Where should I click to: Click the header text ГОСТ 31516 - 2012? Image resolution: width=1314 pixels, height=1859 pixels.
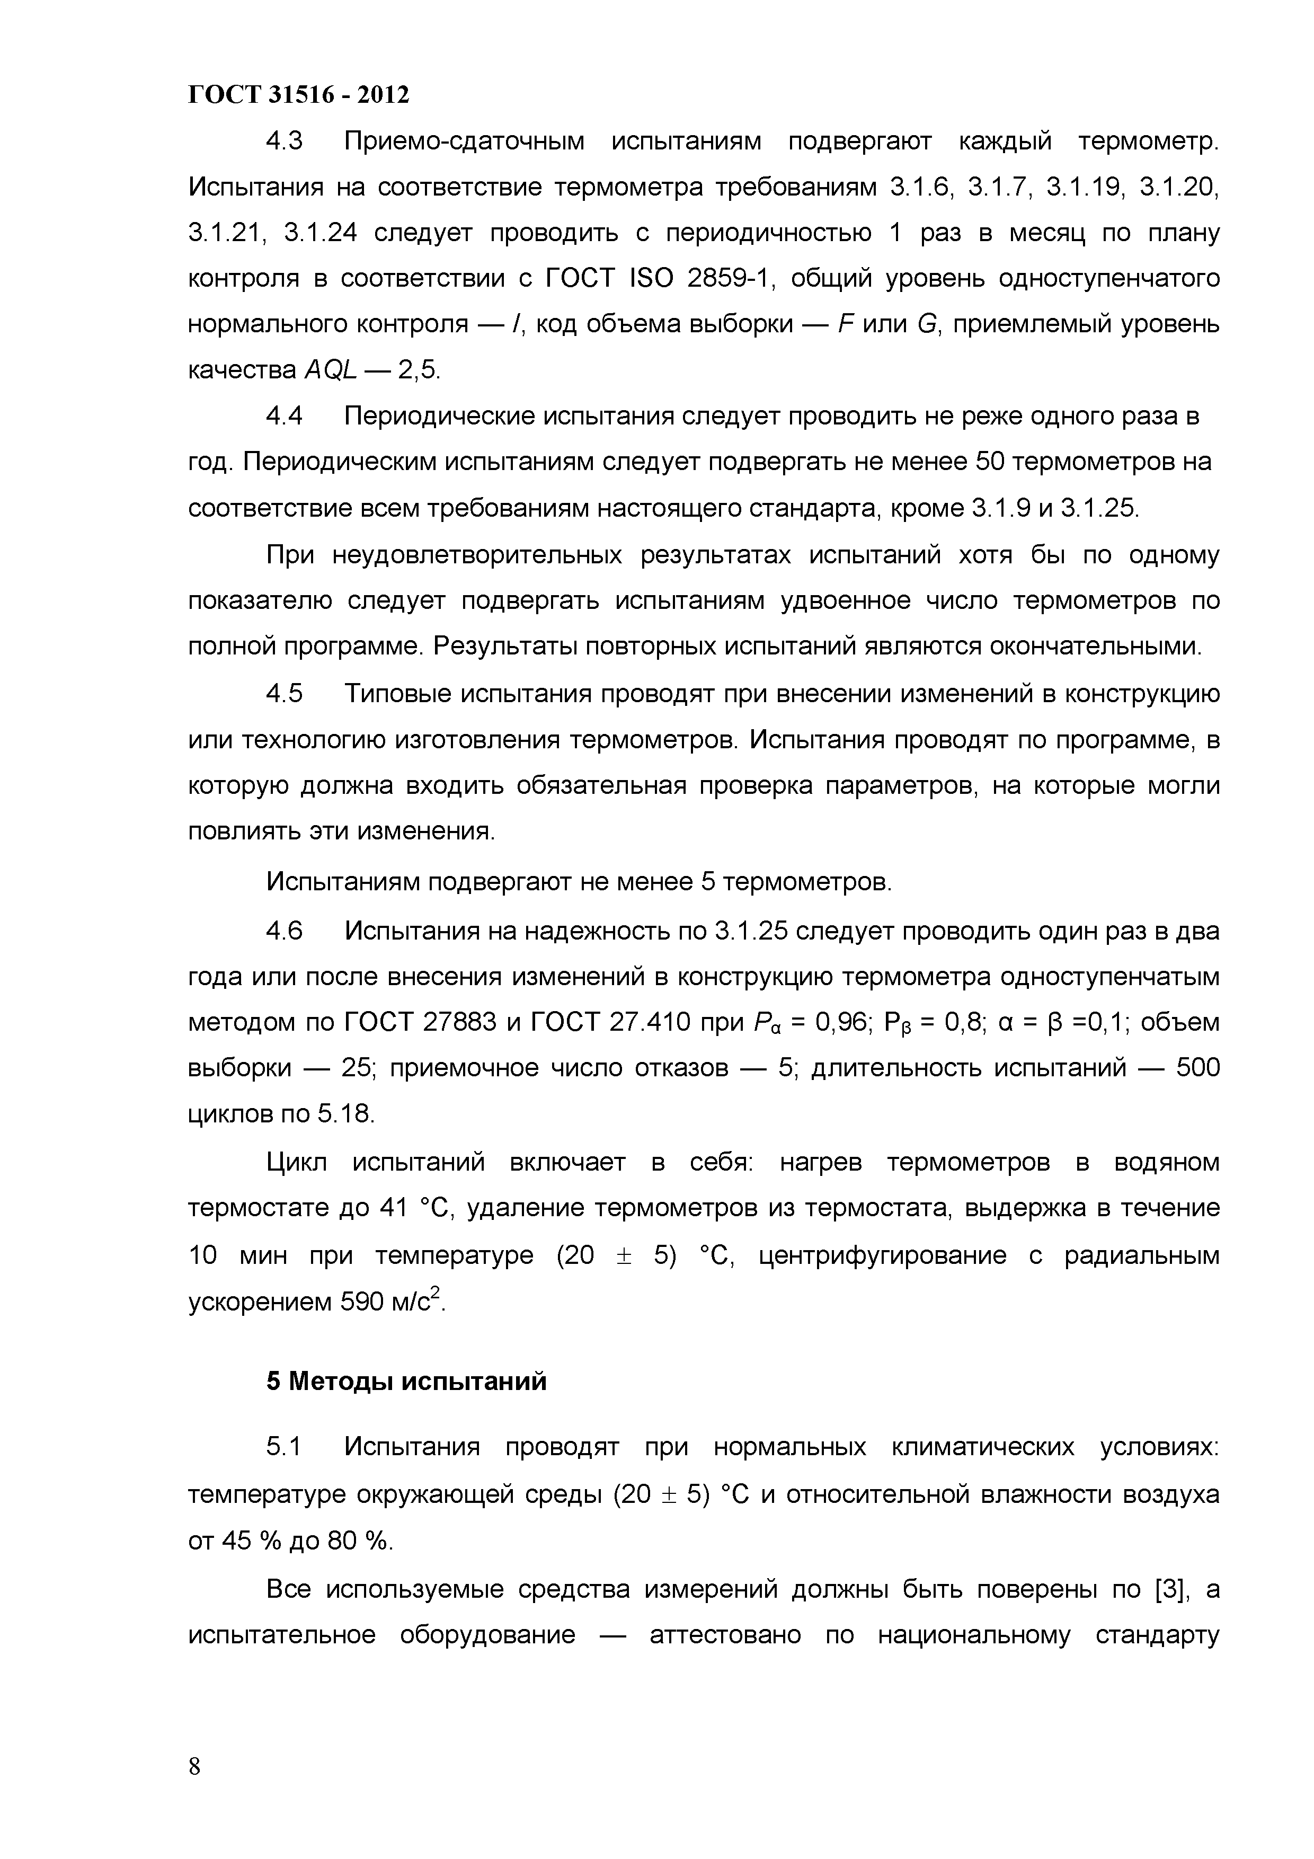[299, 95]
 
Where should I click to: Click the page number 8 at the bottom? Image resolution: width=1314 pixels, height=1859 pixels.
[194, 1767]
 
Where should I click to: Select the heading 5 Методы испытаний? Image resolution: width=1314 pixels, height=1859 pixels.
[406, 1380]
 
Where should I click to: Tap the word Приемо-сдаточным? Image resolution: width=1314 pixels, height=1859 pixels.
[464, 141]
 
